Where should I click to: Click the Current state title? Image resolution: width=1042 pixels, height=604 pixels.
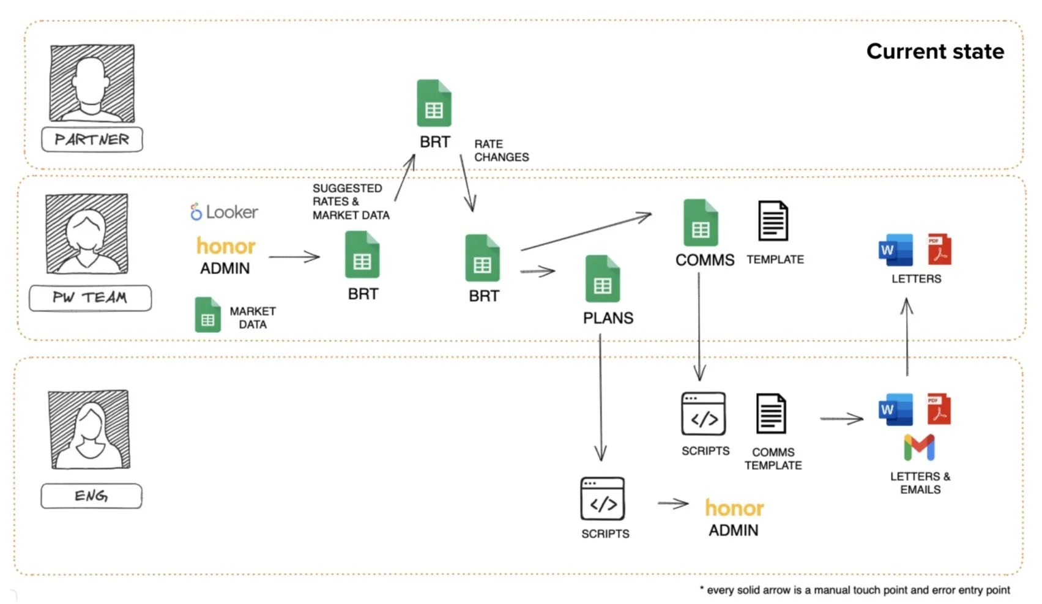point(934,51)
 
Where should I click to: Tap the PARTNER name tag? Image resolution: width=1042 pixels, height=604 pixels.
point(92,140)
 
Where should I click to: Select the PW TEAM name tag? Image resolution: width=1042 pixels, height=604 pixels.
point(91,298)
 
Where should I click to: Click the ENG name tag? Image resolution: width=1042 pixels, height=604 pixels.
point(91,496)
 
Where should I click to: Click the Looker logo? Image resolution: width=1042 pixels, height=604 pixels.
point(224,212)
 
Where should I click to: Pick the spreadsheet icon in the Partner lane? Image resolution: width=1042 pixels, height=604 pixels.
point(434,103)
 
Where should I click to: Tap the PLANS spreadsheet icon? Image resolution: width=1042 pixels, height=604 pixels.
point(603,279)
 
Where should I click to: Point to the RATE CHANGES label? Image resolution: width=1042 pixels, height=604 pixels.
point(501,151)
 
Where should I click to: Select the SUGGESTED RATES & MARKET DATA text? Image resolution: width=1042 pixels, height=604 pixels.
point(351,202)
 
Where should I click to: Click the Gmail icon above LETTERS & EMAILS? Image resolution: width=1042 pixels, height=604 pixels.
point(919,447)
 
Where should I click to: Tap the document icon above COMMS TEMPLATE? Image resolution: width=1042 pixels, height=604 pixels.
point(771,414)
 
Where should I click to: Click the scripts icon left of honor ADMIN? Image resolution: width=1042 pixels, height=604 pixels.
point(603,499)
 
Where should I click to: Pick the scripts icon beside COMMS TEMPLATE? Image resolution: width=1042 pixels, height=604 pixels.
point(704,414)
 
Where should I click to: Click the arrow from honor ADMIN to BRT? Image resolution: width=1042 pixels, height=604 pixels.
point(294,257)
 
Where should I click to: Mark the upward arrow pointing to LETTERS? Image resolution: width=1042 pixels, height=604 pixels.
point(907,337)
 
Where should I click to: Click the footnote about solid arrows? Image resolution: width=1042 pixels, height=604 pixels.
point(855,590)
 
